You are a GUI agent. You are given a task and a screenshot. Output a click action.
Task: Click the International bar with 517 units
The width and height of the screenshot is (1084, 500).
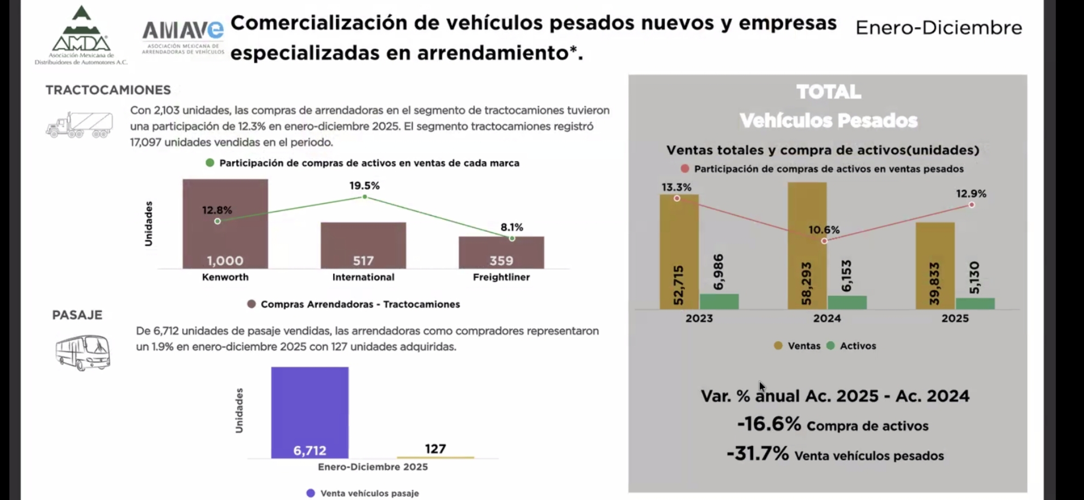tap(363, 245)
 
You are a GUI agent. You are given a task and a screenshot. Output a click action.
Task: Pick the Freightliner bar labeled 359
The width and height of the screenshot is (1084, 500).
tap(501, 252)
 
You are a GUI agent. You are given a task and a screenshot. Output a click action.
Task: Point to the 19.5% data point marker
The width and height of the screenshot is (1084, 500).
tap(365, 197)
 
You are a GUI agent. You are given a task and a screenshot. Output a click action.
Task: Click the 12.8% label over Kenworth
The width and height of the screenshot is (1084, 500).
tap(217, 210)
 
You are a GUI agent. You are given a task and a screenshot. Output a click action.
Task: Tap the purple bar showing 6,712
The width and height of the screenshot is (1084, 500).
tap(310, 412)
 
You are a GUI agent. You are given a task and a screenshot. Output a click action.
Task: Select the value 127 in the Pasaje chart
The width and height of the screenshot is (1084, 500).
tap(435, 449)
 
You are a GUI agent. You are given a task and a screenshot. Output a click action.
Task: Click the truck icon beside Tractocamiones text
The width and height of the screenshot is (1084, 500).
tap(80, 125)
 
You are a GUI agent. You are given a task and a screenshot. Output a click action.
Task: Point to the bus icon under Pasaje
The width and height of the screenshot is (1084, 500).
tap(83, 352)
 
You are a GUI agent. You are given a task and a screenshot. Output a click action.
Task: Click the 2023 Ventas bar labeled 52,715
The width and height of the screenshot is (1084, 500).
tap(679, 252)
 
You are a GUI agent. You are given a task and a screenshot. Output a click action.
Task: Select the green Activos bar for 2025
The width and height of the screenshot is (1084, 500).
tap(975, 303)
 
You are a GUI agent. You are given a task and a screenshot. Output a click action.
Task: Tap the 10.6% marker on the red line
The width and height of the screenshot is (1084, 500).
tap(824, 241)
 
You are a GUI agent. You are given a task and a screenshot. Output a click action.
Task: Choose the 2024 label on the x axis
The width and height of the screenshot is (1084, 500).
tap(827, 319)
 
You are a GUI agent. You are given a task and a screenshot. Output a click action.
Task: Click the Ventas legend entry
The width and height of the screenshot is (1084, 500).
tap(798, 346)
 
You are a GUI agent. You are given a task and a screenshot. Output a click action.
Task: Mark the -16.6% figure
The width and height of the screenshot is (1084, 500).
tap(769, 424)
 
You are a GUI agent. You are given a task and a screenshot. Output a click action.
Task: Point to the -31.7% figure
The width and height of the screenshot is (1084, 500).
tap(758, 454)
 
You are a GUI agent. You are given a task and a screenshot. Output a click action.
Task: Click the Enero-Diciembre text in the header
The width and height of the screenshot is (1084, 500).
tap(939, 28)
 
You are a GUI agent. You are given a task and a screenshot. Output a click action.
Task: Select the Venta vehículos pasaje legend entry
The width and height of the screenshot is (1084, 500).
tap(363, 494)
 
